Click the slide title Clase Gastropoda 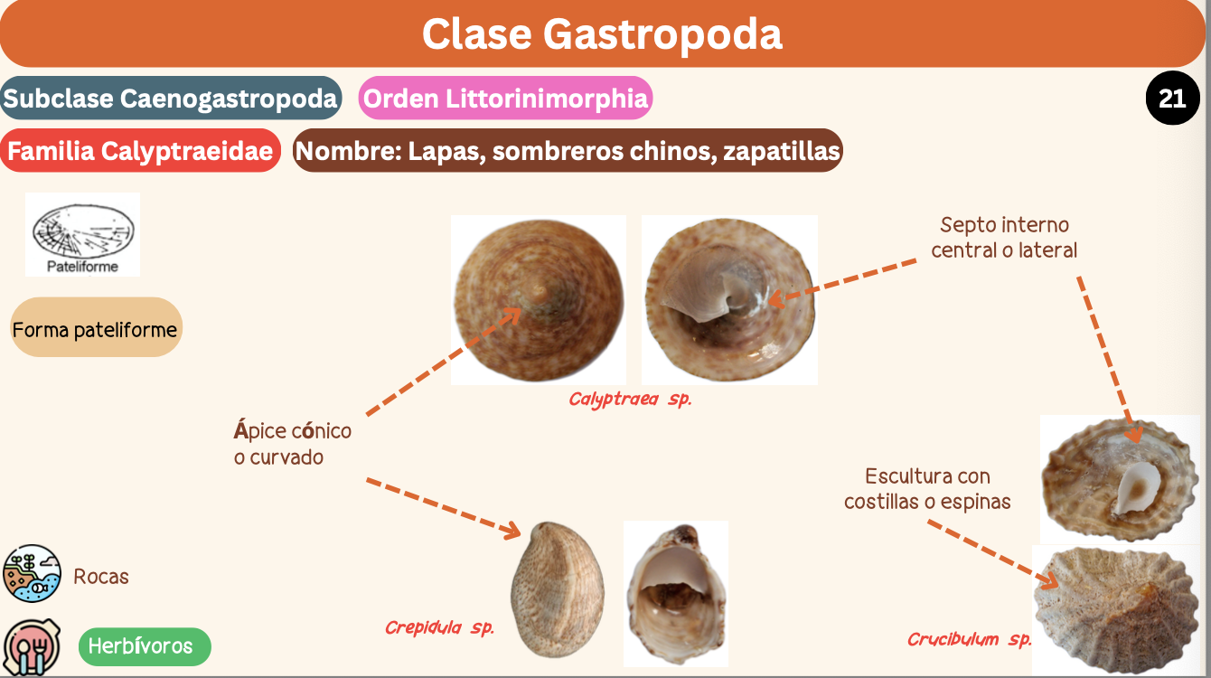click(x=602, y=33)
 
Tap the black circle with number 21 click(x=1172, y=97)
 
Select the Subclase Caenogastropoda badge click(x=171, y=99)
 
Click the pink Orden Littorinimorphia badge click(x=506, y=99)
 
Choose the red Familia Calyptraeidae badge click(x=140, y=151)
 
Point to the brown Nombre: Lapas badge click(x=568, y=151)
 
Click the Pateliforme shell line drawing click(x=82, y=231)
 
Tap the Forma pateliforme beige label click(x=95, y=329)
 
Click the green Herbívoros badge click(x=140, y=646)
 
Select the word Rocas click(x=101, y=577)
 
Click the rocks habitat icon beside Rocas click(x=32, y=573)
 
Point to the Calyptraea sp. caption click(x=630, y=400)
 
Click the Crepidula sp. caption click(x=439, y=627)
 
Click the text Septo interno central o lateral click(x=1004, y=237)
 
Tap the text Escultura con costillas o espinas click(x=927, y=488)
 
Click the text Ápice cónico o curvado click(x=292, y=444)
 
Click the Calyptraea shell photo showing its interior click(x=729, y=300)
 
